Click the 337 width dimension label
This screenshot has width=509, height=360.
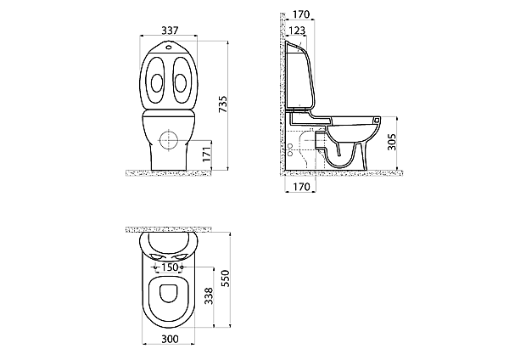click(x=171, y=31)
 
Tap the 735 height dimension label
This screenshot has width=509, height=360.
click(x=223, y=104)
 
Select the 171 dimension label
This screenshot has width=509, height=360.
click(x=207, y=155)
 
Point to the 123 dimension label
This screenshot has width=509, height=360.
click(x=297, y=31)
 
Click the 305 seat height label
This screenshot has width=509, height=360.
click(x=392, y=142)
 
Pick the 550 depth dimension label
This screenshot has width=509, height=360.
click(x=225, y=278)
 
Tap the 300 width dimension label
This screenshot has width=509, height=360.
click(x=171, y=340)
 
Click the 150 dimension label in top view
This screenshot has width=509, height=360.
click(x=171, y=267)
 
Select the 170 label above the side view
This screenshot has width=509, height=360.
click(x=301, y=14)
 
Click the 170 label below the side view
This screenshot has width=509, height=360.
click(x=301, y=187)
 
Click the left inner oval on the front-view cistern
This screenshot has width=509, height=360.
click(x=157, y=83)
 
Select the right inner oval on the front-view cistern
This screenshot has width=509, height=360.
click(x=181, y=83)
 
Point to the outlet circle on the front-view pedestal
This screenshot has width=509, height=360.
click(x=169, y=140)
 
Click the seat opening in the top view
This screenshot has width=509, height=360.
click(x=169, y=293)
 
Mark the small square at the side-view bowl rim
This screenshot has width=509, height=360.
click(x=377, y=120)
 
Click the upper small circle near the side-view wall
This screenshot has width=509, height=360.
click(x=290, y=145)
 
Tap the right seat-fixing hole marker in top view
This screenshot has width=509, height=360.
click(x=182, y=267)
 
